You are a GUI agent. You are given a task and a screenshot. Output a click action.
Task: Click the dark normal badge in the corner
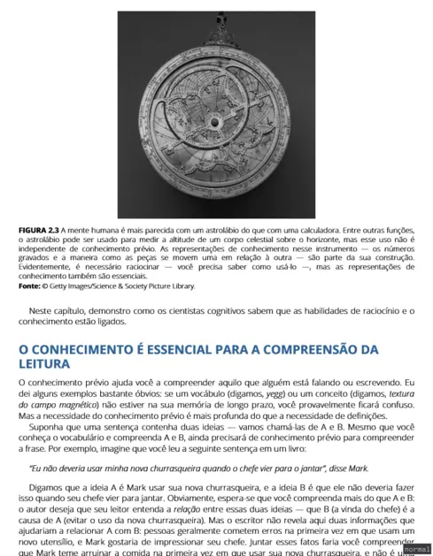click(x=416, y=549)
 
